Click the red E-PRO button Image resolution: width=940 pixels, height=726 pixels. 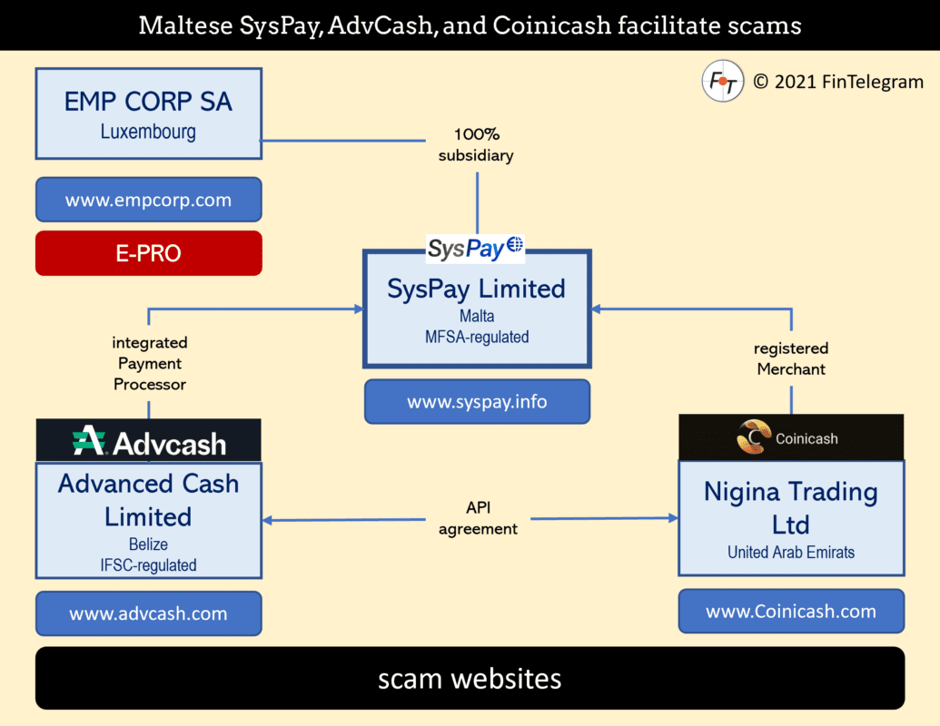tap(149, 253)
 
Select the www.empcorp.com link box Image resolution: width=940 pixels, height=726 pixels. tap(149, 200)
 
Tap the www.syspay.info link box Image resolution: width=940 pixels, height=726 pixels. tap(477, 401)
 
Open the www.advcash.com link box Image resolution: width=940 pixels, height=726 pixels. tap(149, 613)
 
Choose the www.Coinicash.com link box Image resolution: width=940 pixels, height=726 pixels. tap(791, 611)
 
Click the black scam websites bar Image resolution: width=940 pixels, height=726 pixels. tap(470, 678)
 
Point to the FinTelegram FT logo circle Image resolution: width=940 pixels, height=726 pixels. tap(723, 81)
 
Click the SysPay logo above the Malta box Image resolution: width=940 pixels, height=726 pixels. tap(475, 249)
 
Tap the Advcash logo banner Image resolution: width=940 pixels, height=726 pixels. tap(149, 440)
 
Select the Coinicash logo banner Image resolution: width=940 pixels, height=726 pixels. tap(791, 437)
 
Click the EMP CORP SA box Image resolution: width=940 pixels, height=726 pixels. tap(149, 113)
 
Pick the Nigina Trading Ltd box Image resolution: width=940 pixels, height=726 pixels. tap(791, 518)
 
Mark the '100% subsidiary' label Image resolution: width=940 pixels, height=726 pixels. tap(476, 144)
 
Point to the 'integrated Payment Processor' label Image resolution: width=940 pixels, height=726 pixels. tap(150, 363)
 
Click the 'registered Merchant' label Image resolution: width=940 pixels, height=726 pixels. tap(791, 358)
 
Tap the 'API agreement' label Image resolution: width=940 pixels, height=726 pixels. tap(478, 518)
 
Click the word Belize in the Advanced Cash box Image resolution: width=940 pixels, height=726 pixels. tap(148, 544)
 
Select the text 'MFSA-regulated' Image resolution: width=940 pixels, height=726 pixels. tap(477, 337)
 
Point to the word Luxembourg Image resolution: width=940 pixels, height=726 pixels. tap(148, 132)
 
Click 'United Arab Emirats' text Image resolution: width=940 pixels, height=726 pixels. tap(791, 552)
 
